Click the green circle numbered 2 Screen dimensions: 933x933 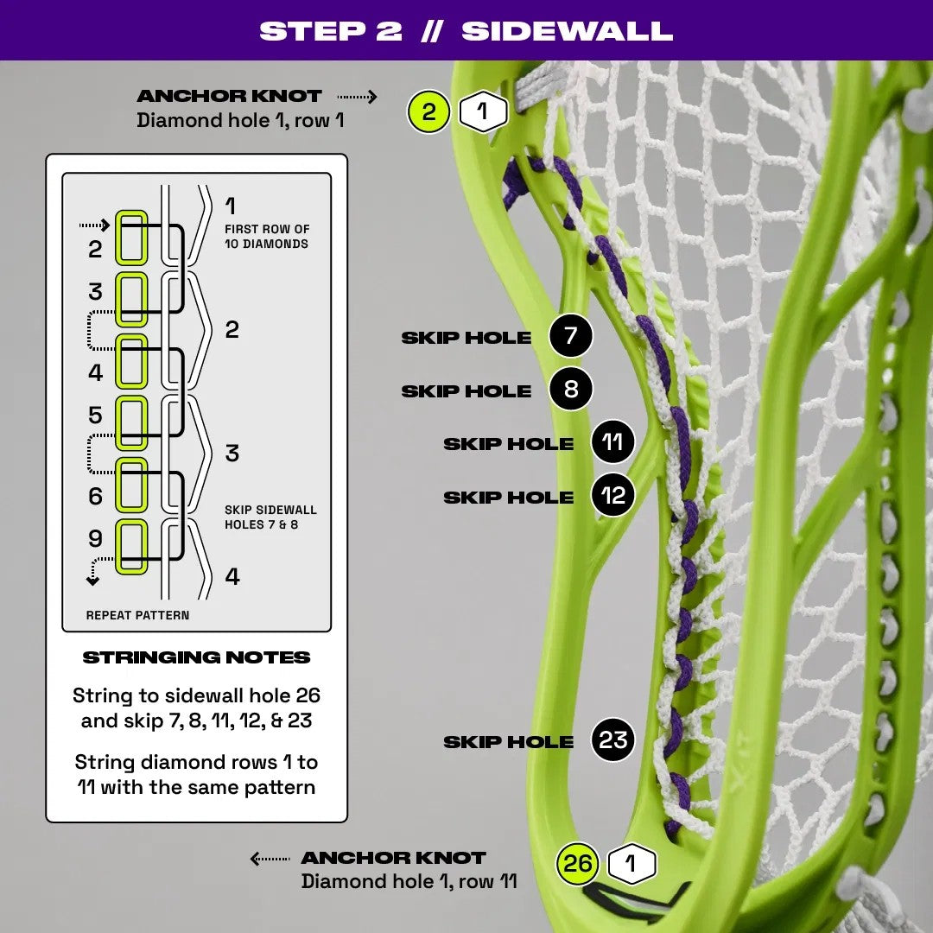click(428, 111)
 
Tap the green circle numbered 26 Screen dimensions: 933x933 click(578, 864)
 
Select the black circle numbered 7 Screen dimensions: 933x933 click(570, 336)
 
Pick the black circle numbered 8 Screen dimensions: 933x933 click(570, 390)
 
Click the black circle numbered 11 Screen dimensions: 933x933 click(612, 443)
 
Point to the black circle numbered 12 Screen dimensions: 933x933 click(612, 497)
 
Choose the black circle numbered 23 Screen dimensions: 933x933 click(612, 740)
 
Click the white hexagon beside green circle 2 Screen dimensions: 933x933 click(483, 111)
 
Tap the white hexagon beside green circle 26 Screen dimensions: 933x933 click(632, 864)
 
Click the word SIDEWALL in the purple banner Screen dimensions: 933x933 click(567, 31)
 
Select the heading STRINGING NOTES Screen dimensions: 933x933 click(196, 657)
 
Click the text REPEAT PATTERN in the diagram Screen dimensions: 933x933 click(137, 615)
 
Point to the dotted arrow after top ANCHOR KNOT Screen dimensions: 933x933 click(357, 96)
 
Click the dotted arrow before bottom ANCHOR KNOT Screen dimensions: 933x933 click(270, 858)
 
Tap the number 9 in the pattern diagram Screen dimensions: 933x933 click(95, 538)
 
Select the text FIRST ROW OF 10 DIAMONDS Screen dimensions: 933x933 click(266, 236)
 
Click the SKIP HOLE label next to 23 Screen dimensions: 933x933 click(508, 741)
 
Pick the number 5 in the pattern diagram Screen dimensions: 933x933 click(95, 416)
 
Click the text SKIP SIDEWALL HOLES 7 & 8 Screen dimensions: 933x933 click(270, 517)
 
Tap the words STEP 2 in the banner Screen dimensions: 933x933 click(331, 31)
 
